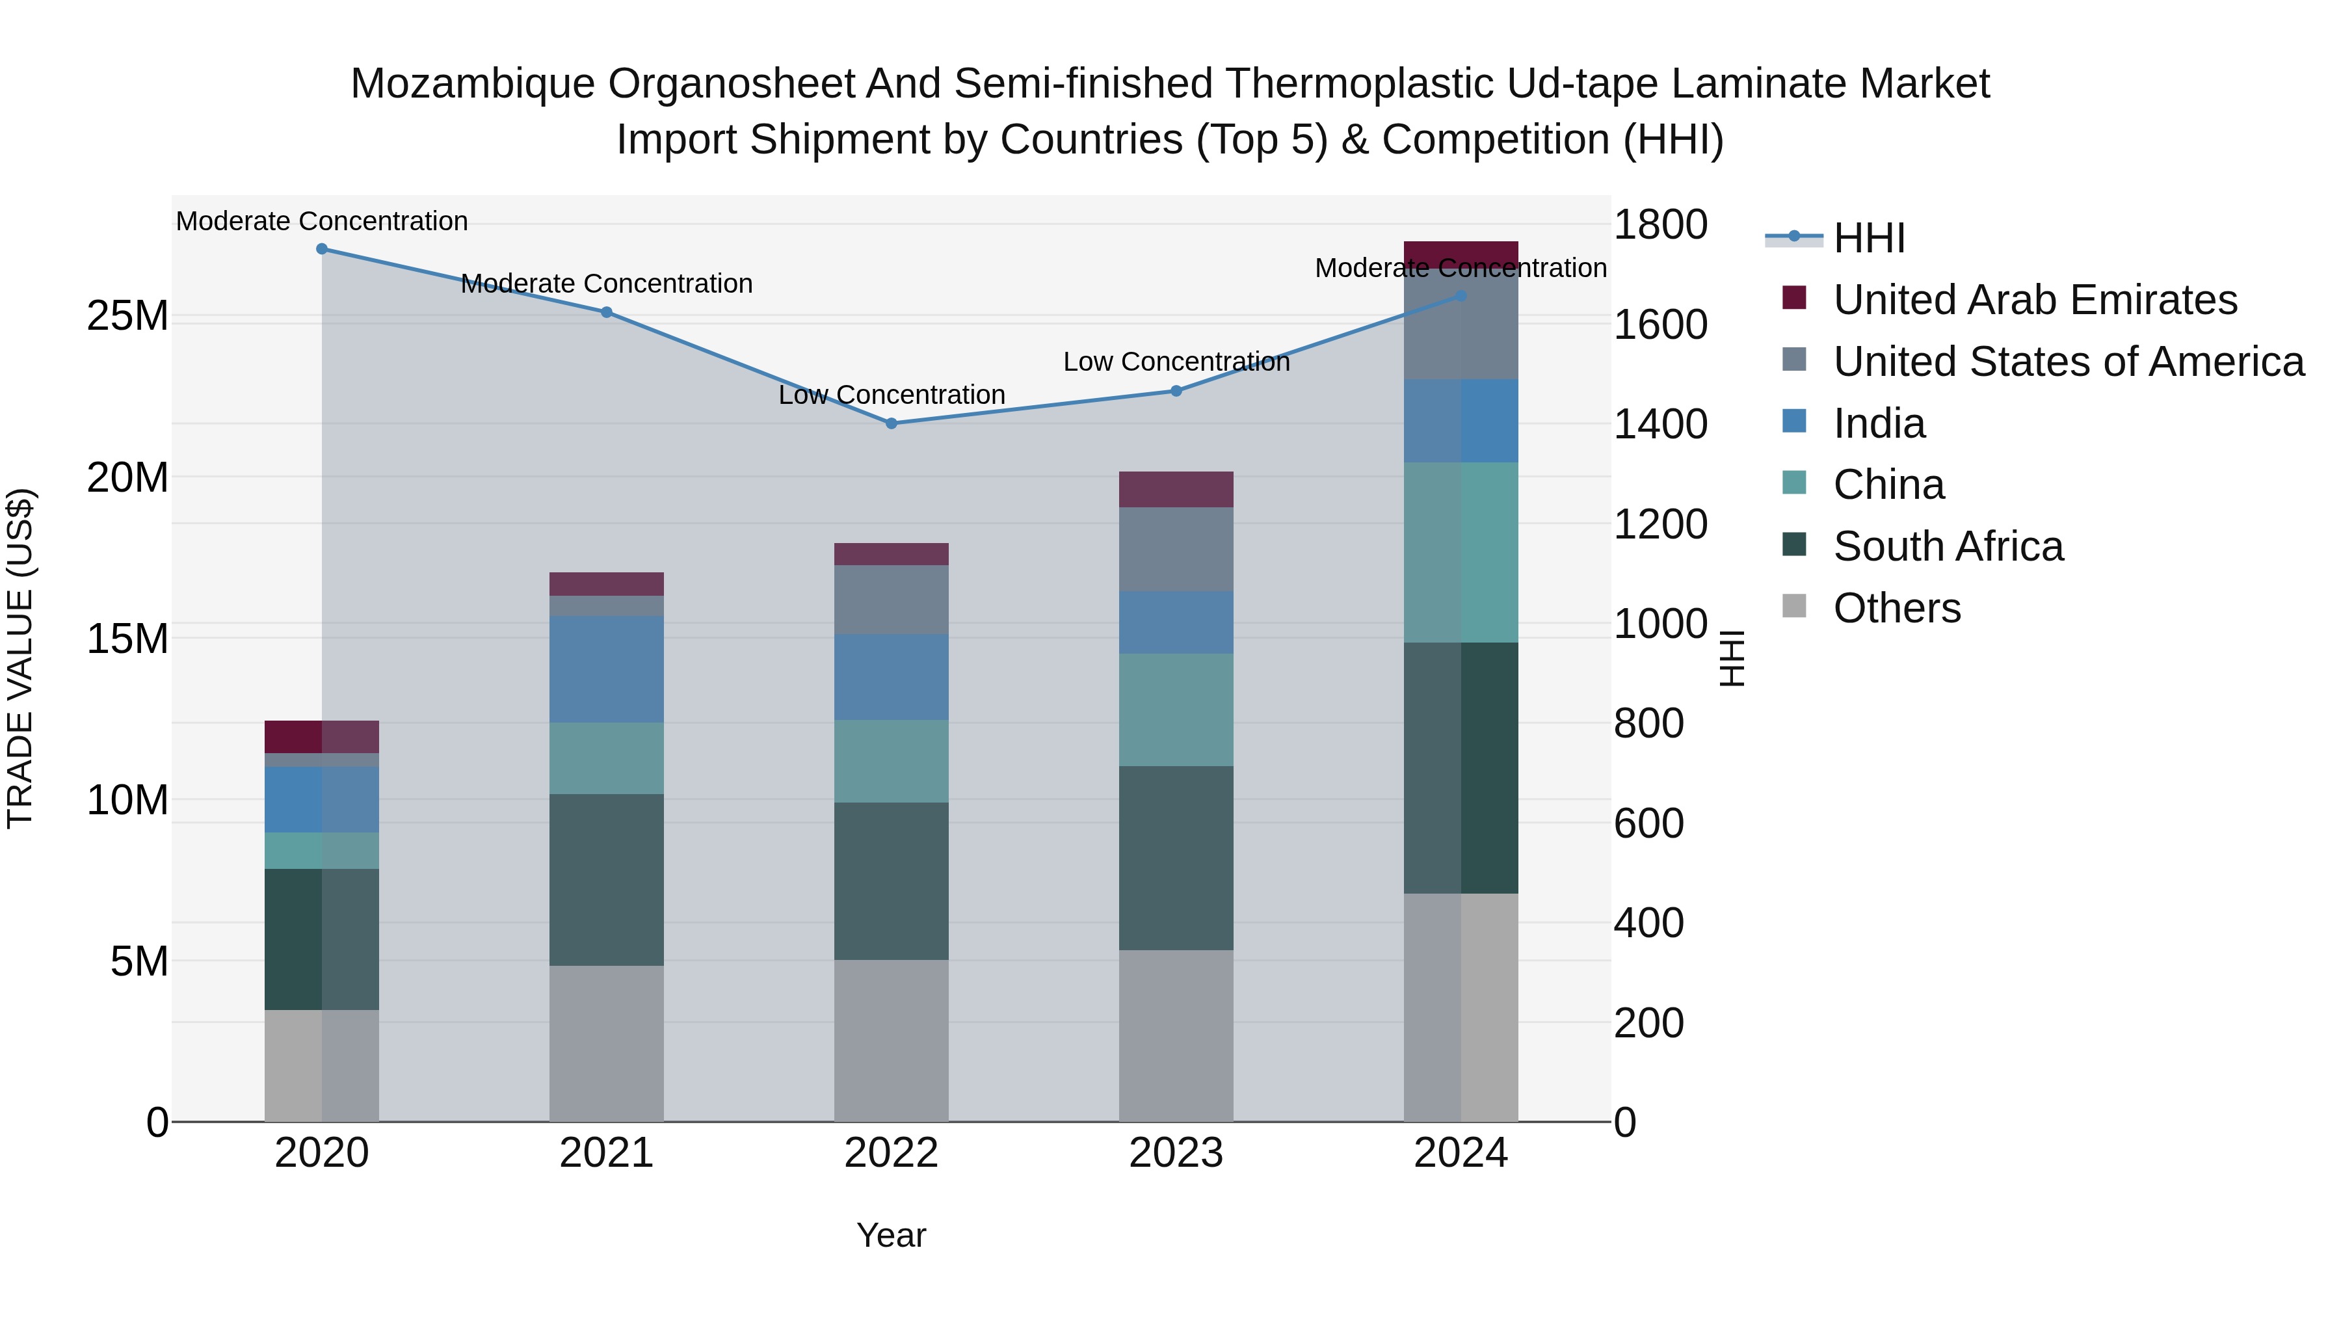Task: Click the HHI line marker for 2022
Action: pos(891,423)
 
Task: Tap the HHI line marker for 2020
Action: pos(322,249)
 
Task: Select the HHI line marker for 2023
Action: pos(1176,391)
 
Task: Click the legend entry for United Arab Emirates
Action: pos(2034,300)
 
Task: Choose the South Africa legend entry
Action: pos(1948,546)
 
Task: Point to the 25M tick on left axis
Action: pos(127,316)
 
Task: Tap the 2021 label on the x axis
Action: pos(606,1153)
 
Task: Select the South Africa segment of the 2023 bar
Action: pos(1176,858)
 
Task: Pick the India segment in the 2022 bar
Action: pos(891,677)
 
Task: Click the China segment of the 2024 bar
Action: pos(1461,553)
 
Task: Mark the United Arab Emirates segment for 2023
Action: pos(1176,489)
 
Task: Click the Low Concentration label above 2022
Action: pos(892,395)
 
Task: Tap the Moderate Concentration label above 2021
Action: pos(606,284)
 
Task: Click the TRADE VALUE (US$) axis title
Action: pos(20,658)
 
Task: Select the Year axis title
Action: pos(891,1235)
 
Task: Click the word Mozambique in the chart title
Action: pos(473,84)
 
